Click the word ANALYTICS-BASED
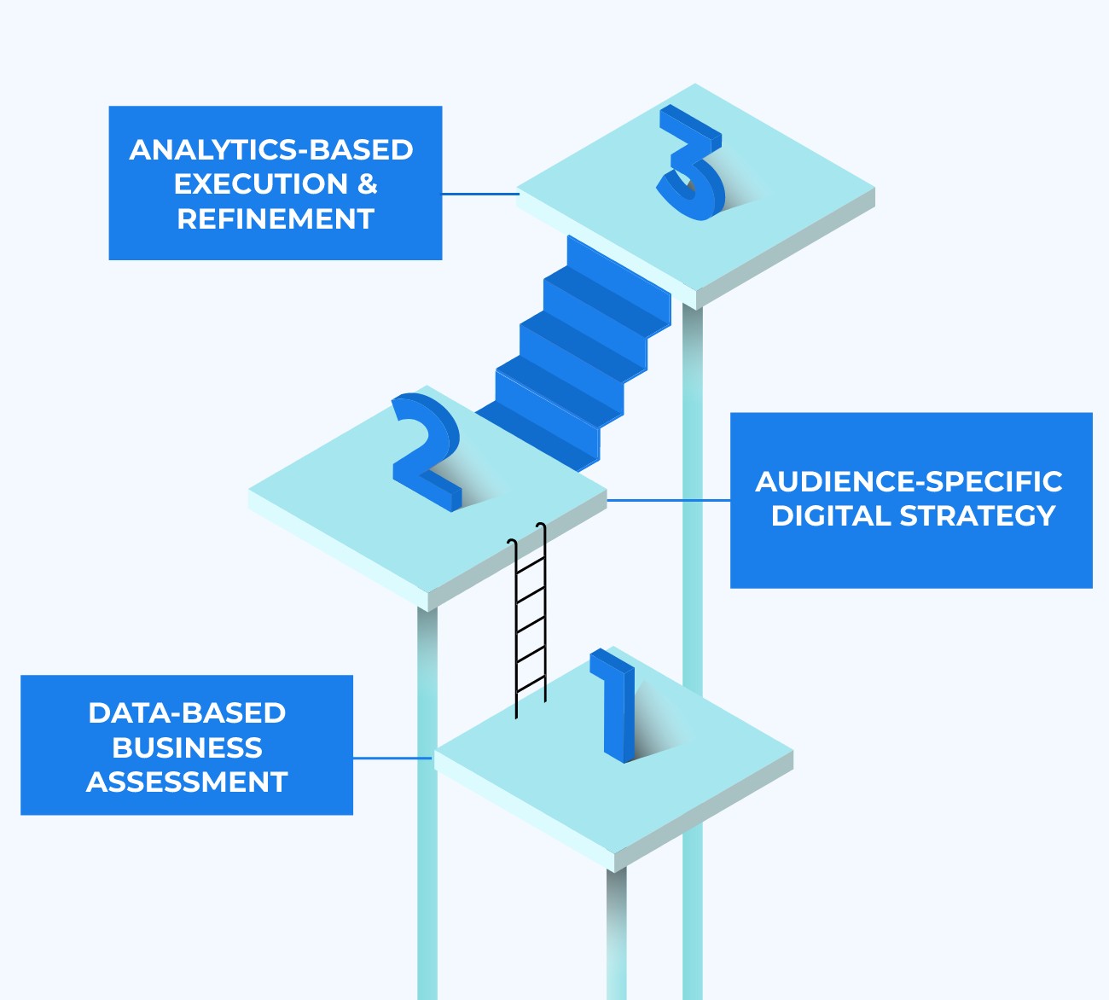click(271, 150)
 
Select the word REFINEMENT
click(276, 219)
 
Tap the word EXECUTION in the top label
click(260, 184)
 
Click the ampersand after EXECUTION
click(367, 184)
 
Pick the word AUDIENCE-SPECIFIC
click(909, 482)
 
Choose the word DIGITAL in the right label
click(831, 516)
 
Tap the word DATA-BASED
click(187, 713)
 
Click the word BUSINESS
click(187, 748)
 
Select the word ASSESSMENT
click(187, 782)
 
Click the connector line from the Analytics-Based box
click(479, 194)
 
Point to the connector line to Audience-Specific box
click(669, 500)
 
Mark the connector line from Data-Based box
click(392, 758)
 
